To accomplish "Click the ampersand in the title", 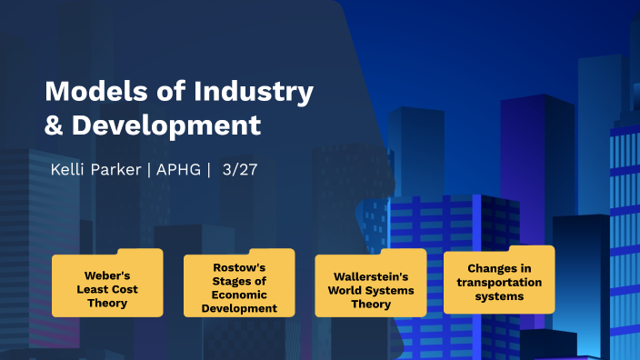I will [x=55, y=125].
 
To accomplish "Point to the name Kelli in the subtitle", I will [x=70, y=170].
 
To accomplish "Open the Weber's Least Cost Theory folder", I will [x=107, y=284].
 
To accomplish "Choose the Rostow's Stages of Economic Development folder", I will [x=239, y=285].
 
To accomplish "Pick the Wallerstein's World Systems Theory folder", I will [x=370, y=285].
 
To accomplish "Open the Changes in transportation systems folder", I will [x=498, y=281].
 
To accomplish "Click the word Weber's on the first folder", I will [x=107, y=273].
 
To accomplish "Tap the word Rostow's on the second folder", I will [x=239, y=267].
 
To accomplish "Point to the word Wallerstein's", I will [x=370, y=275].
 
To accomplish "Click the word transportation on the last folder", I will [x=499, y=282].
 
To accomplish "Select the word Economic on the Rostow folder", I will [x=239, y=295].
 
